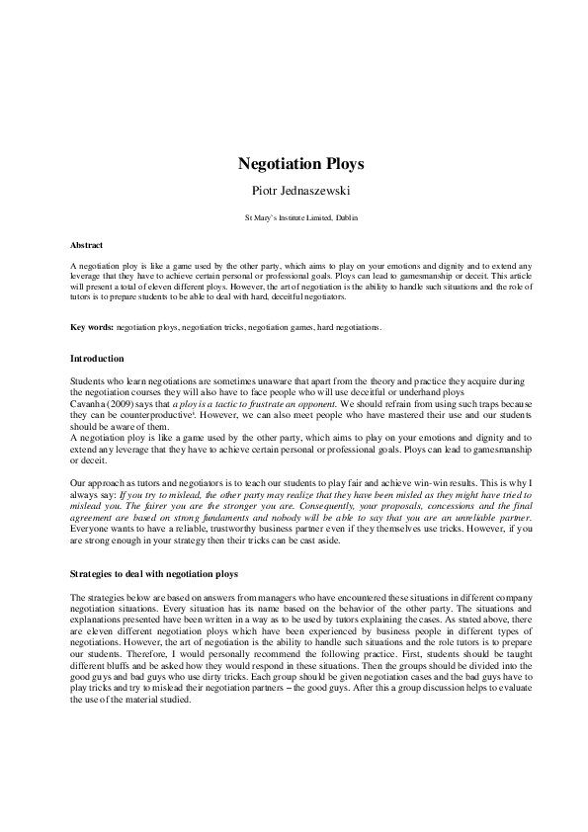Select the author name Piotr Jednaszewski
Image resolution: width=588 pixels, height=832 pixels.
point(294,189)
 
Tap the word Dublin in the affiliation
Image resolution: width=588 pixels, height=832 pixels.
point(331,215)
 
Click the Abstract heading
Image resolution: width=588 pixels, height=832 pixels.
point(87,244)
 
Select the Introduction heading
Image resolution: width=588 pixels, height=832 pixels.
point(97,358)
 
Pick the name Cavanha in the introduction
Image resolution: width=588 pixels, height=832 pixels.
point(90,405)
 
